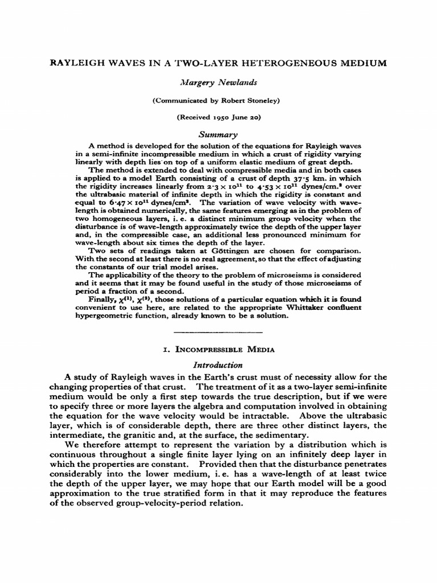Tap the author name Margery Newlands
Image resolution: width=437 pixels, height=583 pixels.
pos(218,83)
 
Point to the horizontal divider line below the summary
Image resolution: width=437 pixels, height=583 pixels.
pos(218,331)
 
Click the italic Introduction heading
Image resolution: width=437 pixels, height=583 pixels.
pos(218,365)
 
